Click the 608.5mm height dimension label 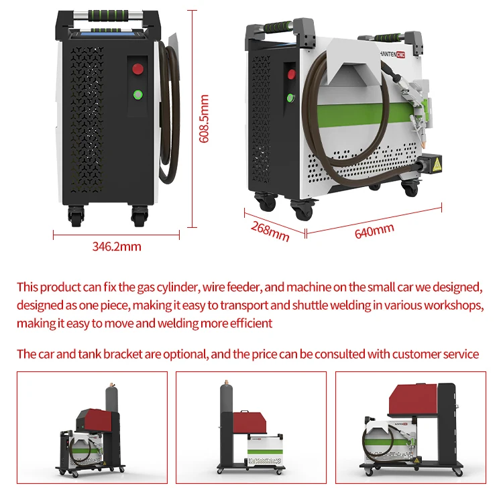205,119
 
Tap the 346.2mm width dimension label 117,246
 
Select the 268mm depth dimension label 270,229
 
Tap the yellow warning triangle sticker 437,164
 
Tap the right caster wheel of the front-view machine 139,215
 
